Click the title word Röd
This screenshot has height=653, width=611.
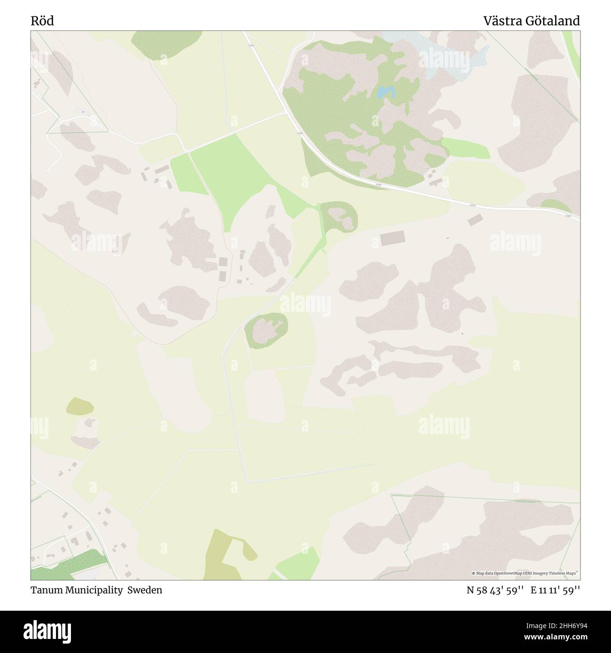pyautogui.click(x=43, y=21)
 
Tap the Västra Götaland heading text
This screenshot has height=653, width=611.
pyautogui.click(x=532, y=21)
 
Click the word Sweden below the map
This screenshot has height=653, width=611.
pyautogui.click(x=148, y=590)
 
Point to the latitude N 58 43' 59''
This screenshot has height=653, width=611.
pyautogui.click(x=496, y=591)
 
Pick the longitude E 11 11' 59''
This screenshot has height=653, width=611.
pyautogui.click(x=556, y=591)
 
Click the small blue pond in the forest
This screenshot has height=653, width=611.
pyautogui.click(x=385, y=92)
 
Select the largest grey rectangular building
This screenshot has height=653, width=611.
pyautogui.click(x=392, y=239)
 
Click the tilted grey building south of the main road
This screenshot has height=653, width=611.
pyautogui.click(x=475, y=219)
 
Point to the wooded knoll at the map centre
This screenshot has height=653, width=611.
pyautogui.click(x=266, y=330)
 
